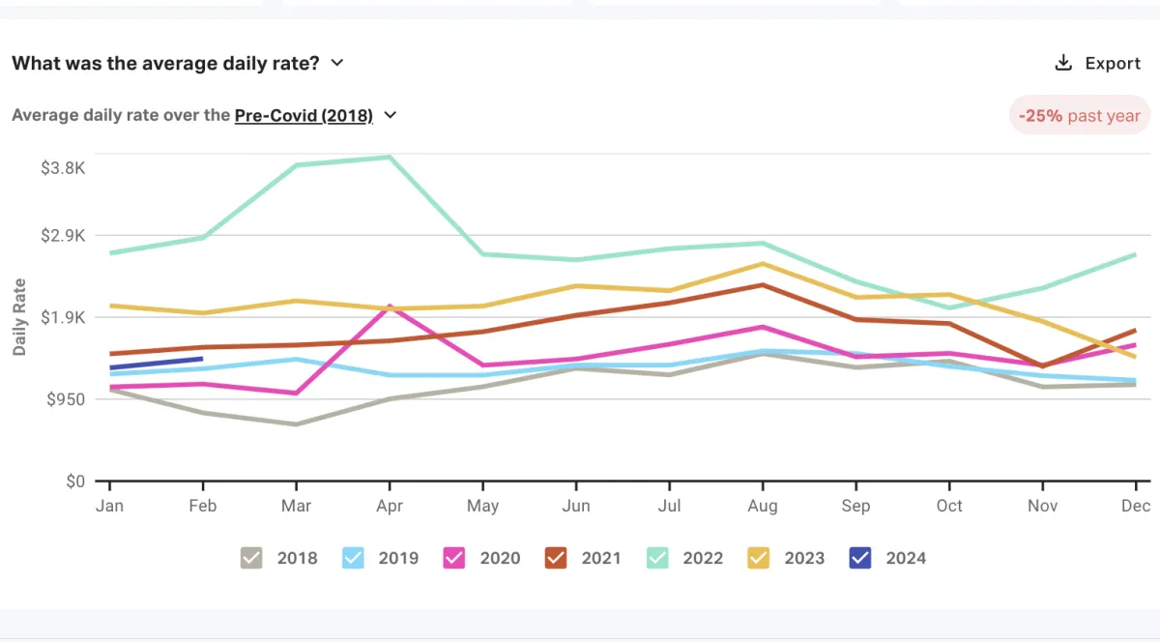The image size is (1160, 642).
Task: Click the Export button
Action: (x=1097, y=64)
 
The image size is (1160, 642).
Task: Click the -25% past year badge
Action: (x=1079, y=115)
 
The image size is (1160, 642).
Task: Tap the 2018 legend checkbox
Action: (x=251, y=558)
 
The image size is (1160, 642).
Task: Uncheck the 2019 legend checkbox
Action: (x=353, y=558)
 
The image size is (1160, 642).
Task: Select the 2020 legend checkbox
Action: (x=454, y=558)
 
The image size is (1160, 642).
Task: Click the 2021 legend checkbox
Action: (x=556, y=558)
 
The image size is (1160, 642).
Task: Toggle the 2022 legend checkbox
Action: (x=657, y=558)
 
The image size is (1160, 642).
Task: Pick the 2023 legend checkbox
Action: (x=759, y=558)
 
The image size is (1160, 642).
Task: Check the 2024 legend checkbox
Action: (x=860, y=558)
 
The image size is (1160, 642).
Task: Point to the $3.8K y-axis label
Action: (x=63, y=167)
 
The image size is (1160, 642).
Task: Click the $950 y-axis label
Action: (x=67, y=399)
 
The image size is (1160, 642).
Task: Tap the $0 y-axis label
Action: (x=75, y=481)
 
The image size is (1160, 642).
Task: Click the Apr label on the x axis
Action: (x=389, y=506)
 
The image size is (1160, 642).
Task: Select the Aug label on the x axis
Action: (x=762, y=506)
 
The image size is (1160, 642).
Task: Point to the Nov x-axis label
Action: (x=1042, y=506)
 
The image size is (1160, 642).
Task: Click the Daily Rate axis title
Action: (x=20, y=317)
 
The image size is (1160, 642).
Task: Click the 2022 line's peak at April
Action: (x=390, y=157)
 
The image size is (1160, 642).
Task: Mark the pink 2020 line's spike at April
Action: (x=390, y=306)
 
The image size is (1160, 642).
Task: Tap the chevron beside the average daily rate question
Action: (x=337, y=63)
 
